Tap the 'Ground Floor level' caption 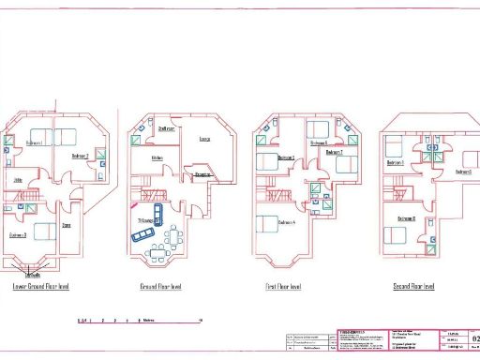coord(160,287)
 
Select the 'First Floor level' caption coord(281,287)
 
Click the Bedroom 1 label coord(35,142)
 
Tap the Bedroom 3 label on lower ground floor coord(19,234)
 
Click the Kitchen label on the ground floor coord(159,157)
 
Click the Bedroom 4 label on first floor coord(289,223)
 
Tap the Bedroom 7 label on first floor coord(335,151)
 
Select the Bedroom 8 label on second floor coord(408,218)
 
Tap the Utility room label coord(17,179)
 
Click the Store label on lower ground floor coord(67,226)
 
